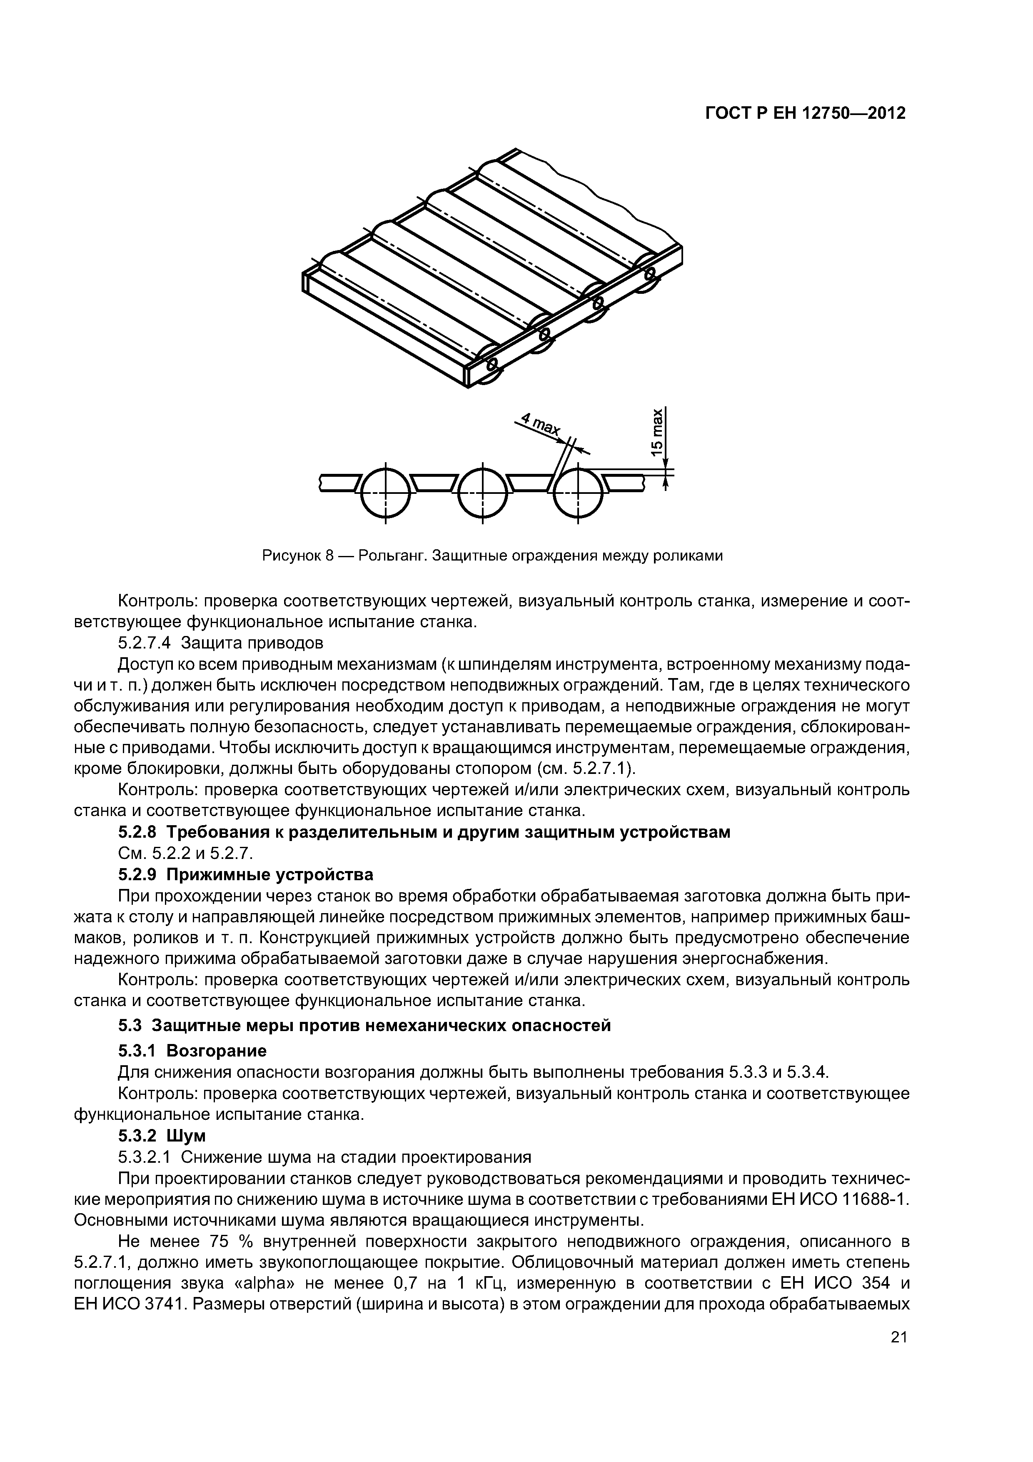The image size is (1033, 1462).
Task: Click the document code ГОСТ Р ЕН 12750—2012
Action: (x=805, y=113)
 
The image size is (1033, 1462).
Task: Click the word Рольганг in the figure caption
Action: (x=391, y=556)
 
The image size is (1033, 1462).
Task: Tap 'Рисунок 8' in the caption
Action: (x=298, y=556)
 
